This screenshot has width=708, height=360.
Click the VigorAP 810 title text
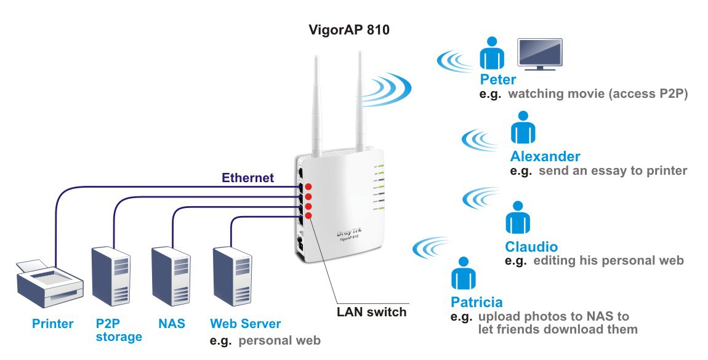click(349, 30)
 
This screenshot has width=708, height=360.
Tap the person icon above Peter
click(491, 54)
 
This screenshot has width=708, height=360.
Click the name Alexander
click(545, 156)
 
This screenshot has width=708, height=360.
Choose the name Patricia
click(477, 302)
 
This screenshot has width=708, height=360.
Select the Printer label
click(54, 324)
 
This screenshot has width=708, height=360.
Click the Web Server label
click(245, 324)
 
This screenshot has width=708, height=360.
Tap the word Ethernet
click(247, 178)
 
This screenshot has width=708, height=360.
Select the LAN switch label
click(371, 311)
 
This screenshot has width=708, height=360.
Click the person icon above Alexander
click(523, 128)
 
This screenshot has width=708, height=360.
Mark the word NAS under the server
click(172, 324)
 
